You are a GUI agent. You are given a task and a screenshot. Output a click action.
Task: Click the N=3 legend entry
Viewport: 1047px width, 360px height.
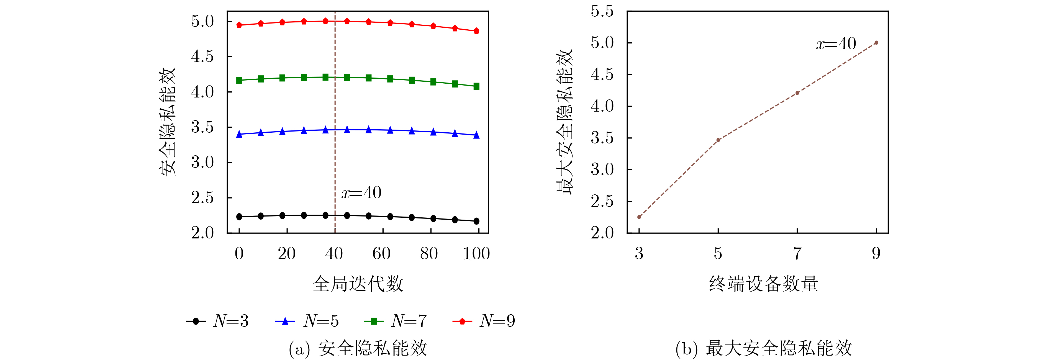217,321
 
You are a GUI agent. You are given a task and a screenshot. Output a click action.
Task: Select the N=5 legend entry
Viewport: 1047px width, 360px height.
307,321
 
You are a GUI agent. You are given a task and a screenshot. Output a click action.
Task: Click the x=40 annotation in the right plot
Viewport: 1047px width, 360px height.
836,44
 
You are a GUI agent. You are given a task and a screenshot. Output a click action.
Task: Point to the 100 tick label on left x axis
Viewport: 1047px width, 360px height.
476,254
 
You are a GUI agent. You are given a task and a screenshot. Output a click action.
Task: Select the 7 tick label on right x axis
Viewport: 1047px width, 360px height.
797,254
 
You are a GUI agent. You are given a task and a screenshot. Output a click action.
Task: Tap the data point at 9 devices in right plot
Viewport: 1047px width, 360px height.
876,43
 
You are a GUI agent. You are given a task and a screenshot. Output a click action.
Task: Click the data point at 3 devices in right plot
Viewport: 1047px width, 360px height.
639,217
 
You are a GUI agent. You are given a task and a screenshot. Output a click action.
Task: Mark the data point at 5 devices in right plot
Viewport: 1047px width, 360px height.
718,140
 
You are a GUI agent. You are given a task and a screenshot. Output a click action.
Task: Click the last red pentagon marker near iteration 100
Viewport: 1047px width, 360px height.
476,31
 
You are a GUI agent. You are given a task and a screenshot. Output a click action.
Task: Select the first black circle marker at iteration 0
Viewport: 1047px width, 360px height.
239,217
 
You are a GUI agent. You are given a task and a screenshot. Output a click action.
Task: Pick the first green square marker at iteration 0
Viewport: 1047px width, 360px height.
239,80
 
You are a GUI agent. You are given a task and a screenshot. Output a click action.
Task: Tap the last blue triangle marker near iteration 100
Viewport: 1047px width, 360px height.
476,135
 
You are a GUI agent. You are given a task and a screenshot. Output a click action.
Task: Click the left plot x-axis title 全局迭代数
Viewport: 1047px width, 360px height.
358,284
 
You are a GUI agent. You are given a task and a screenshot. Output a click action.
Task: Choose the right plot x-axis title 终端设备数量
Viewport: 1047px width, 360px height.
763,284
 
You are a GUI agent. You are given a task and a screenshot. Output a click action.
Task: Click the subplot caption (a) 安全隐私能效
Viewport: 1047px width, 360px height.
358,348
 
